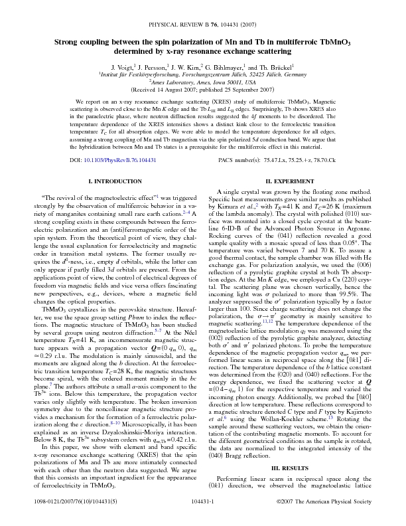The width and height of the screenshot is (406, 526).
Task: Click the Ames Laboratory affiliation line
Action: (x=202, y=82)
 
